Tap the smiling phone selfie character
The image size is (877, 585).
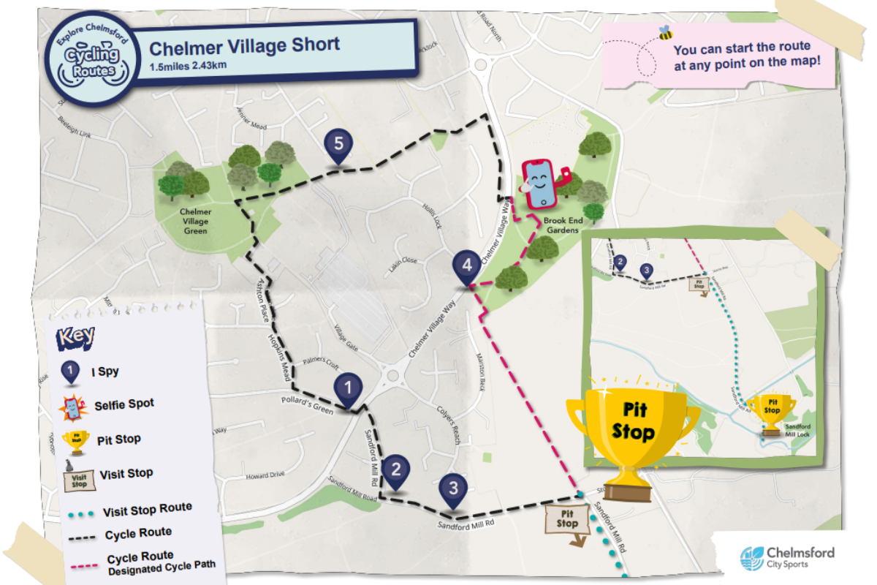tap(542, 182)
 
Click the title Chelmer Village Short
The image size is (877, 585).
tap(244, 46)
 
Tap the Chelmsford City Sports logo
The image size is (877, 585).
tap(787, 557)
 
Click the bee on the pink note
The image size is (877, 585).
tap(665, 33)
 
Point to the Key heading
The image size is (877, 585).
tap(76, 336)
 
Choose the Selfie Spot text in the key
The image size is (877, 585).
tap(124, 404)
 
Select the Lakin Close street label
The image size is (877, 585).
tap(403, 260)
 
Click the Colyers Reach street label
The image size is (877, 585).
tap(447, 424)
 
